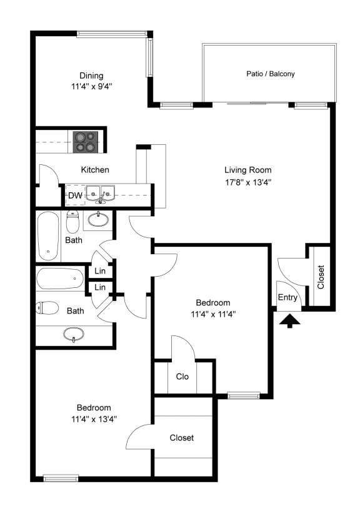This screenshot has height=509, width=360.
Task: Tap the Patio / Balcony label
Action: coord(271,74)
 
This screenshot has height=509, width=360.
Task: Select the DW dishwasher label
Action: coord(75,195)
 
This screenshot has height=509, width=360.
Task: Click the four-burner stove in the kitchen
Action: coord(86,142)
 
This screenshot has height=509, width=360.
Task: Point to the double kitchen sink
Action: coord(101,194)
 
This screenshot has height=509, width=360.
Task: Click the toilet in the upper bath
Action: coord(72,221)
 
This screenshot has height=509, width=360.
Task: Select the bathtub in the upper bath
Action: coord(48,236)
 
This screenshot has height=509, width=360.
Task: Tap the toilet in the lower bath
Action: coord(47,308)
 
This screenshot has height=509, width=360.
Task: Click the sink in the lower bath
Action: coord(73,334)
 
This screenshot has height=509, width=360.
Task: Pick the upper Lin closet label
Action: coord(100,270)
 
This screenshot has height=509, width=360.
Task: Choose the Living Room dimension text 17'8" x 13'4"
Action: coord(248,182)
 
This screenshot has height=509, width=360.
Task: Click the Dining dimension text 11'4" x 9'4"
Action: coord(92,87)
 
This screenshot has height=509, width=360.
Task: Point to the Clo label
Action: coord(182,377)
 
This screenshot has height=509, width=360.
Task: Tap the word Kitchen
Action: coord(95,170)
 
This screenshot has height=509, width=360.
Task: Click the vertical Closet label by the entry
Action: coord(321,277)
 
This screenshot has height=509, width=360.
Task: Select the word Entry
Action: coord(287,297)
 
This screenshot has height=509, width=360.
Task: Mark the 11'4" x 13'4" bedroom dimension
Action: coord(94,419)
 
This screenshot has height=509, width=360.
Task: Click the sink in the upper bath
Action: coord(98,219)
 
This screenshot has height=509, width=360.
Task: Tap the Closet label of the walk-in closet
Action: coord(182,438)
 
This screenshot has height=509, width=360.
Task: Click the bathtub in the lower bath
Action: coord(60,279)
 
